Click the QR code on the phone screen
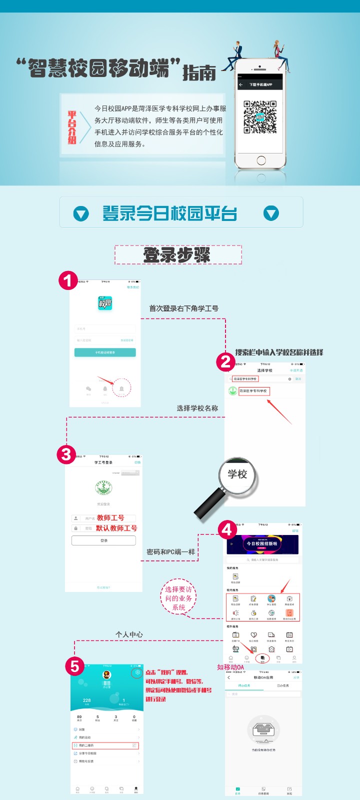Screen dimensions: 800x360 click(260, 117)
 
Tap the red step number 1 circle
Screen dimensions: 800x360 click(68, 280)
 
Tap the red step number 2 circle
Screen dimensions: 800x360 click(226, 361)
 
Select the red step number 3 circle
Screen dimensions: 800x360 click(66, 454)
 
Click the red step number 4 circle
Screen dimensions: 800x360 click(227, 529)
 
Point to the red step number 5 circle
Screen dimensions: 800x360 click(75, 666)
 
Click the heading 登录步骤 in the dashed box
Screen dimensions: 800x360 click(177, 255)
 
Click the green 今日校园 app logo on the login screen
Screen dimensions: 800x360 click(105, 303)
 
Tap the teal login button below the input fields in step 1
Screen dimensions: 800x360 click(105, 352)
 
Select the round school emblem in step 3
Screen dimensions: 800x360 click(103, 488)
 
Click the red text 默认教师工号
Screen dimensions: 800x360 click(116, 528)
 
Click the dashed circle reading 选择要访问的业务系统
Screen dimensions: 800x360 click(178, 598)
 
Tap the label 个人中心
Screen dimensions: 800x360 click(129, 634)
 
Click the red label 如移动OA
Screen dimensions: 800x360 click(230, 667)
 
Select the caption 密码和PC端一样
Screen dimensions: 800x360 click(170, 552)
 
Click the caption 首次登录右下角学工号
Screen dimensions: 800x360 click(183, 308)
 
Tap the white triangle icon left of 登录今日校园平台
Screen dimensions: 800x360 click(81, 214)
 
